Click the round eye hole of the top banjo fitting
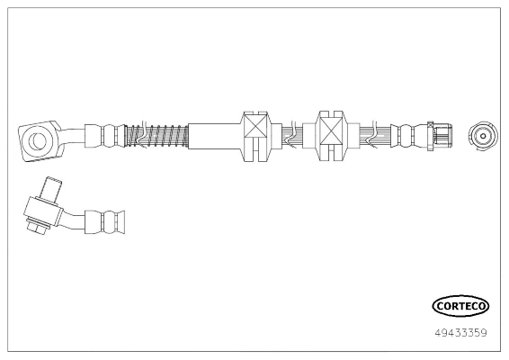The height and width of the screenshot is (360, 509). click(x=39, y=140)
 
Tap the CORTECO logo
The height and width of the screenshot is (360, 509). click(x=460, y=306)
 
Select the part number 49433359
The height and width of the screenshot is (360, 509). click(x=460, y=333)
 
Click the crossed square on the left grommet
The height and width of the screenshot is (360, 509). click(x=256, y=126)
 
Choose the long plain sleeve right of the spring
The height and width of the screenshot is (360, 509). click(x=214, y=136)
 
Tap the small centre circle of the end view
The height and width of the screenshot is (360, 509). click(x=483, y=136)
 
